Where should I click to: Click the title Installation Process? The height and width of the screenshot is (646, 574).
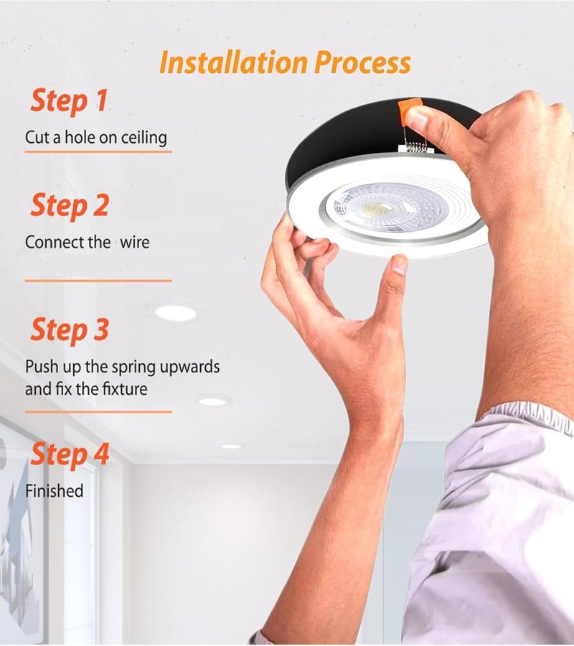(285, 62)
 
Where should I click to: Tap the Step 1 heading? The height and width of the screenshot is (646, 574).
(68, 101)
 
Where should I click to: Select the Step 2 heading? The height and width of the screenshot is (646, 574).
(69, 206)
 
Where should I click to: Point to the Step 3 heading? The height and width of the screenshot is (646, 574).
(69, 330)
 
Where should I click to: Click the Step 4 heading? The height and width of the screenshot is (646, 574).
(69, 454)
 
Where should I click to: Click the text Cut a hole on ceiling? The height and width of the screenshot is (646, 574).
(96, 137)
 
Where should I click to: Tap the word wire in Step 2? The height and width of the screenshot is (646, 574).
(134, 243)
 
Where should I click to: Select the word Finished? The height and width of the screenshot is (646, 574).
(55, 491)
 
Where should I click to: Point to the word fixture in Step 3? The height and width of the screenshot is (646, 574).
(123, 390)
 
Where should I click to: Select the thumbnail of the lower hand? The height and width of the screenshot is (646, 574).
(400, 265)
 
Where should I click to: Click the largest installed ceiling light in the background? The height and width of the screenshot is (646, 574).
(176, 313)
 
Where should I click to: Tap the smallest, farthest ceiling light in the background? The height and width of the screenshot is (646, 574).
(230, 446)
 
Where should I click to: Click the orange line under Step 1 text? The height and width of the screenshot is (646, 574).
(98, 151)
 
